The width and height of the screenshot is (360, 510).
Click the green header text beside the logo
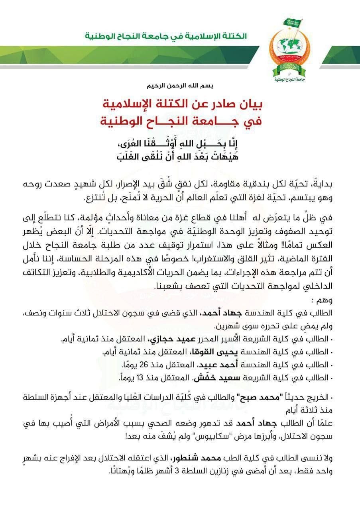[x=166, y=36]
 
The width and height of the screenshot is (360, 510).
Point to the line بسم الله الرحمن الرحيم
[x=181, y=86]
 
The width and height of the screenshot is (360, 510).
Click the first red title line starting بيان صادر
[x=181, y=105]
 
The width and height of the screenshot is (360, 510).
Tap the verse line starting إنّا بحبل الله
[x=181, y=142]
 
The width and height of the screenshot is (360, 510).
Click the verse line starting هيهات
[x=181, y=156]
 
